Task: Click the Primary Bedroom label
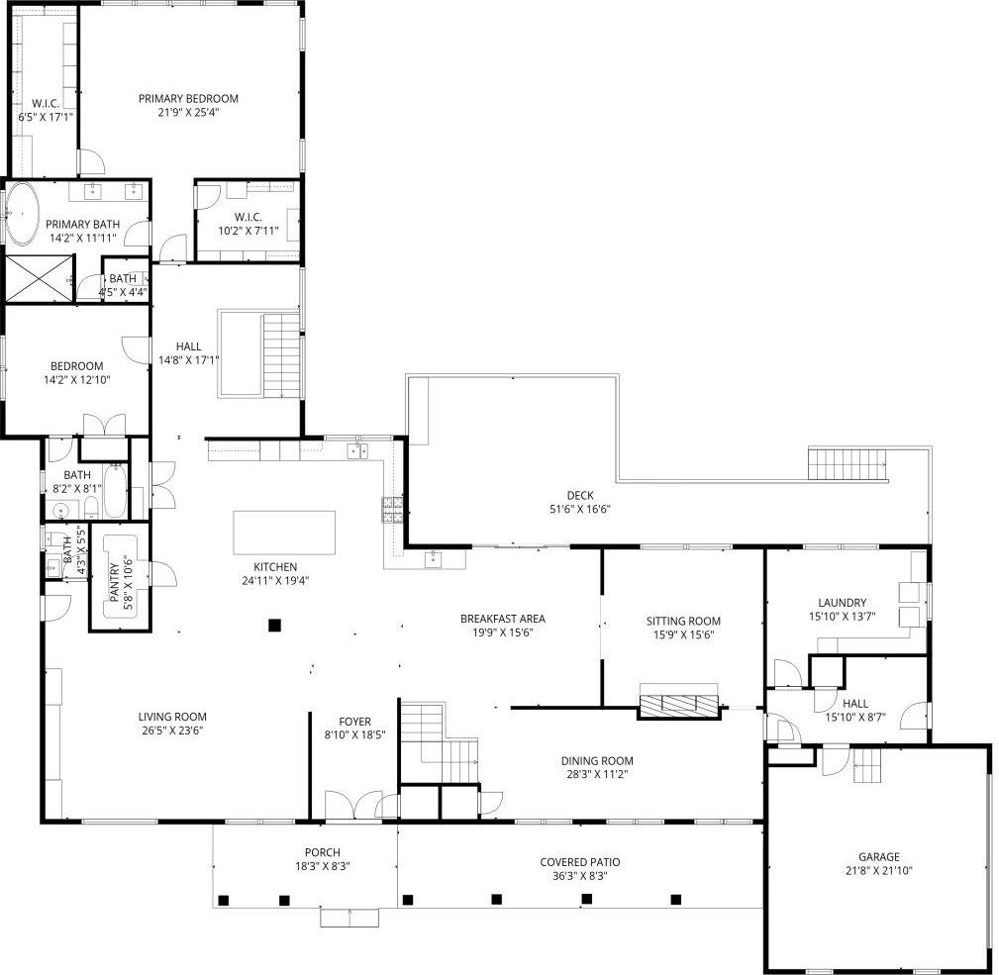pos(188,98)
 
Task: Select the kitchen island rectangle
pos(284,533)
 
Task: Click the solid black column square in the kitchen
pos(274,625)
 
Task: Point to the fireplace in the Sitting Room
pos(679,704)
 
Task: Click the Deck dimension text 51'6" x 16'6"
pos(580,510)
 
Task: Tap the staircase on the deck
pos(848,463)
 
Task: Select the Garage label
pos(879,857)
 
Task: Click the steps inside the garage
pos(867,764)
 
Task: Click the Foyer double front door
pos(351,805)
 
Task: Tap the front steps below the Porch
pos(350,918)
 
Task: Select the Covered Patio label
pos(580,862)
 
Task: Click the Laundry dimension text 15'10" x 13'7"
pos(843,616)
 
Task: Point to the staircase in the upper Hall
pos(281,354)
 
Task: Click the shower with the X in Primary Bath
pos(39,277)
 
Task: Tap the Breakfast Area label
pos(503,619)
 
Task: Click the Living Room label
pos(172,717)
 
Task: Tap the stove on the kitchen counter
pos(392,509)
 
